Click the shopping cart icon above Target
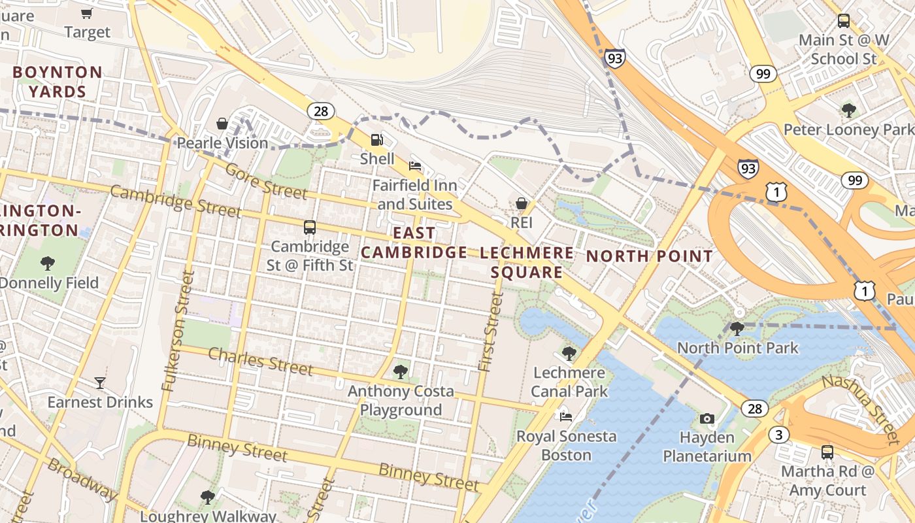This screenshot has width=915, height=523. [86, 13]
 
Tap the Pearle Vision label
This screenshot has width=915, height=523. [223, 143]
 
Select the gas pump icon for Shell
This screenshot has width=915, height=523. [377, 139]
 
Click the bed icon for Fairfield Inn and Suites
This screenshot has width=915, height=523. [414, 165]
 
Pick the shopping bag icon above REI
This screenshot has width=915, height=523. [522, 203]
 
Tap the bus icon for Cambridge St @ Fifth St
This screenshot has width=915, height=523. [310, 228]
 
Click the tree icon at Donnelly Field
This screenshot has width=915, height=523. [47, 263]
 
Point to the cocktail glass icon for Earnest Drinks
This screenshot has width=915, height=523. [99, 382]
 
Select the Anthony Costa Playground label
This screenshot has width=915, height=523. [401, 401]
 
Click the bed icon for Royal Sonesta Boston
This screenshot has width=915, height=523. [566, 416]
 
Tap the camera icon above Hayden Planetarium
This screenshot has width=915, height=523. [707, 418]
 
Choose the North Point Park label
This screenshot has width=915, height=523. [737, 347]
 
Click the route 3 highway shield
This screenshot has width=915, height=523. [778, 435]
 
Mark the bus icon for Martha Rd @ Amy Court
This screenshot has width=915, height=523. [827, 452]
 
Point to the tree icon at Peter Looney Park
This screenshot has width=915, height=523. [848, 110]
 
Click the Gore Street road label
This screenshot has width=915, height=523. [266, 181]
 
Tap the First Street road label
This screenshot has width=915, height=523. [490, 333]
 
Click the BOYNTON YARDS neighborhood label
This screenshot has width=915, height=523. [58, 82]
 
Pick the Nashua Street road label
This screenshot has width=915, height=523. [861, 409]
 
